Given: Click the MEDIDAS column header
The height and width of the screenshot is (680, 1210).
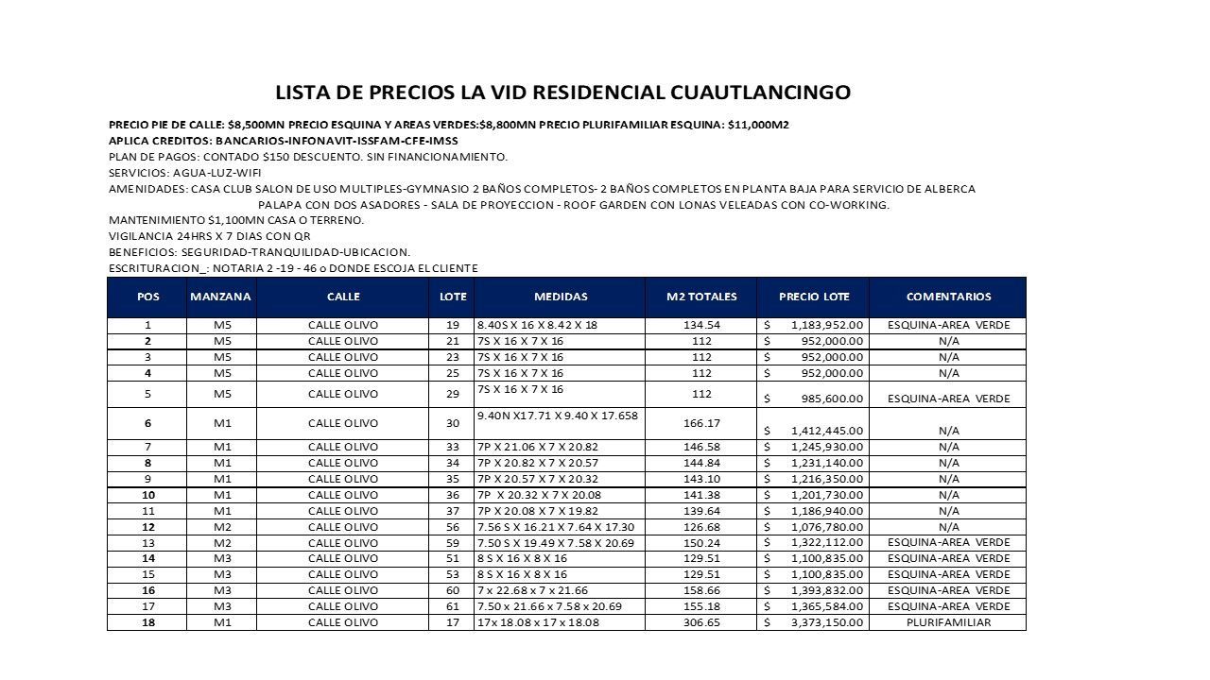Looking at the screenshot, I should (x=561, y=297).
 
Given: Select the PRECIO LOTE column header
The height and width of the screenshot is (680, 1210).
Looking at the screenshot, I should (x=814, y=297).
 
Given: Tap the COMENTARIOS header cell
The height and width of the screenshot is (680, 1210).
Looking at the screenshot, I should (x=948, y=297).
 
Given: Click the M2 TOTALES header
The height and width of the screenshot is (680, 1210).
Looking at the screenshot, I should (x=701, y=297).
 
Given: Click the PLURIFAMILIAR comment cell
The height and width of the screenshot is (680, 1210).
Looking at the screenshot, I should (x=948, y=622).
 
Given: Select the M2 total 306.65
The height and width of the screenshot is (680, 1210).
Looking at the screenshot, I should (x=701, y=622).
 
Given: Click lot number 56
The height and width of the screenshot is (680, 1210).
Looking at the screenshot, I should (x=452, y=527).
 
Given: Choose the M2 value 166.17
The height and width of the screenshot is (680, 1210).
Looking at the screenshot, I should (x=701, y=423).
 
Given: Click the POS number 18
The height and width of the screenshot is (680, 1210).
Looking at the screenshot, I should (x=148, y=622).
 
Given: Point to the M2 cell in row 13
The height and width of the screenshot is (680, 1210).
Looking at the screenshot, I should (x=701, y=543).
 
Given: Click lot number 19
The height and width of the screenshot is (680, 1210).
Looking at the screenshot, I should (x=452, y=326).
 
